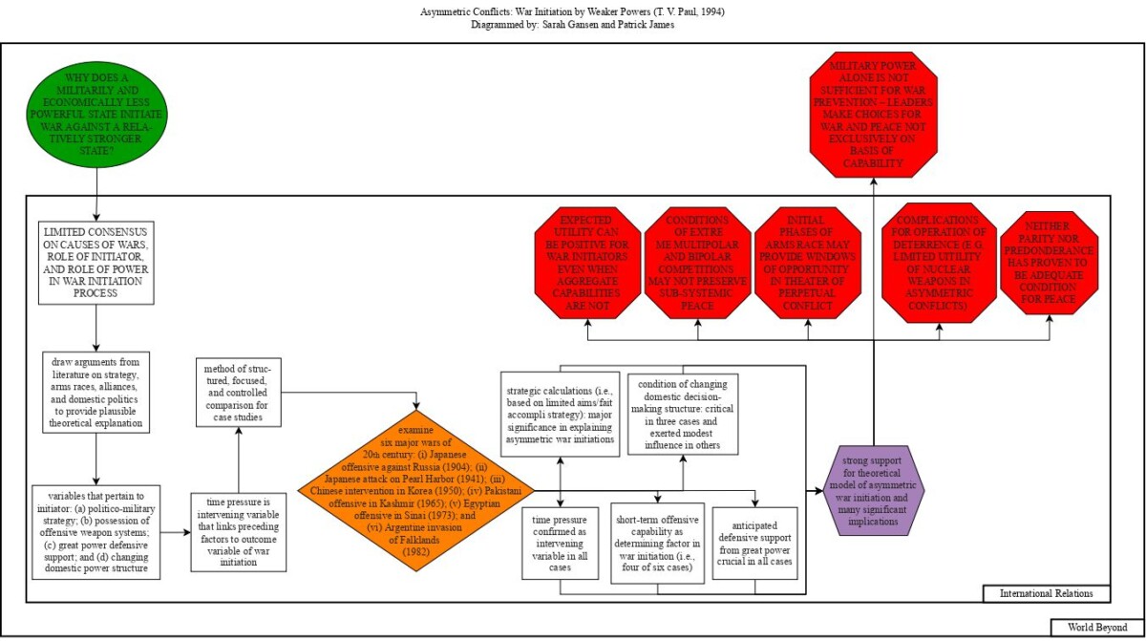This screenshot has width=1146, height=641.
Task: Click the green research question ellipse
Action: point(96,118)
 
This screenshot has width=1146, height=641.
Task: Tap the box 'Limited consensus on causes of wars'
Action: point(96,263)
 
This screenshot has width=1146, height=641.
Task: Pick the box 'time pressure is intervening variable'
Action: point(238,531)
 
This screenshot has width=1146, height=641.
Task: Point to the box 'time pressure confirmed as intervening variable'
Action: point(560,542)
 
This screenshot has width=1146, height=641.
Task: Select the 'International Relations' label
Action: point(1047,594)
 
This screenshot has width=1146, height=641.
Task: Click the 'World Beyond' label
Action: point(1097,628)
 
